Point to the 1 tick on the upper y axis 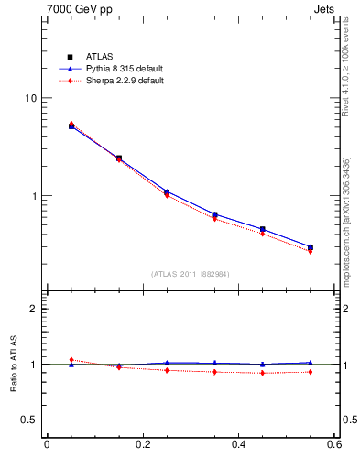tap(35, 196)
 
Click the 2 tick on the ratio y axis tap(34, 309)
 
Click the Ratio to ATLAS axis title tap(12, 364)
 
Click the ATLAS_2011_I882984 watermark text tap(190, 274)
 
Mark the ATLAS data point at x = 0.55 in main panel tap(311, 247)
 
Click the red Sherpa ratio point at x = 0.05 tap(71, 360)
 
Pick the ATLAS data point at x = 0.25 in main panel tap(167, 192)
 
